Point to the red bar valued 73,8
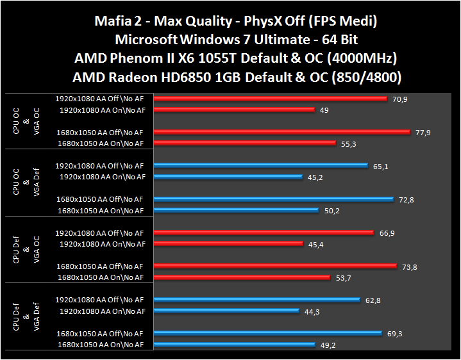coord(272,266)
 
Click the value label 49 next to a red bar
coord(324,110)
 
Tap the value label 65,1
coord(380,166)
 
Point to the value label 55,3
coord(349,143)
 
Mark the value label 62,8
coord(374,300)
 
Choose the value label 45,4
coord(315,244)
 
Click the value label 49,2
coord(328,344)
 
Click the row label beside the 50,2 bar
coord(101,211)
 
